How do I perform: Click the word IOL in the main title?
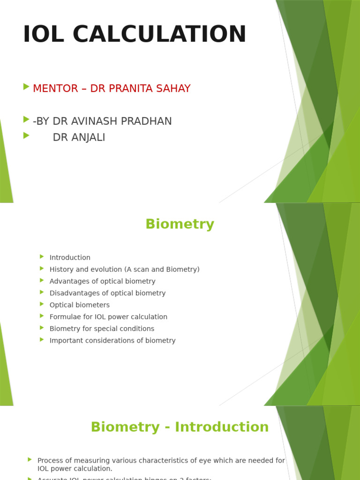pos(44,34)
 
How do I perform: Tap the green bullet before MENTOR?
pos(26,87)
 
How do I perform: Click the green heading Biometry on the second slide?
pos(180,224)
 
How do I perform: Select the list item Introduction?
pos(70,257)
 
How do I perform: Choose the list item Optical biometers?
pos(79,305)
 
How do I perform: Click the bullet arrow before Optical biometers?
pos(42,304)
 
